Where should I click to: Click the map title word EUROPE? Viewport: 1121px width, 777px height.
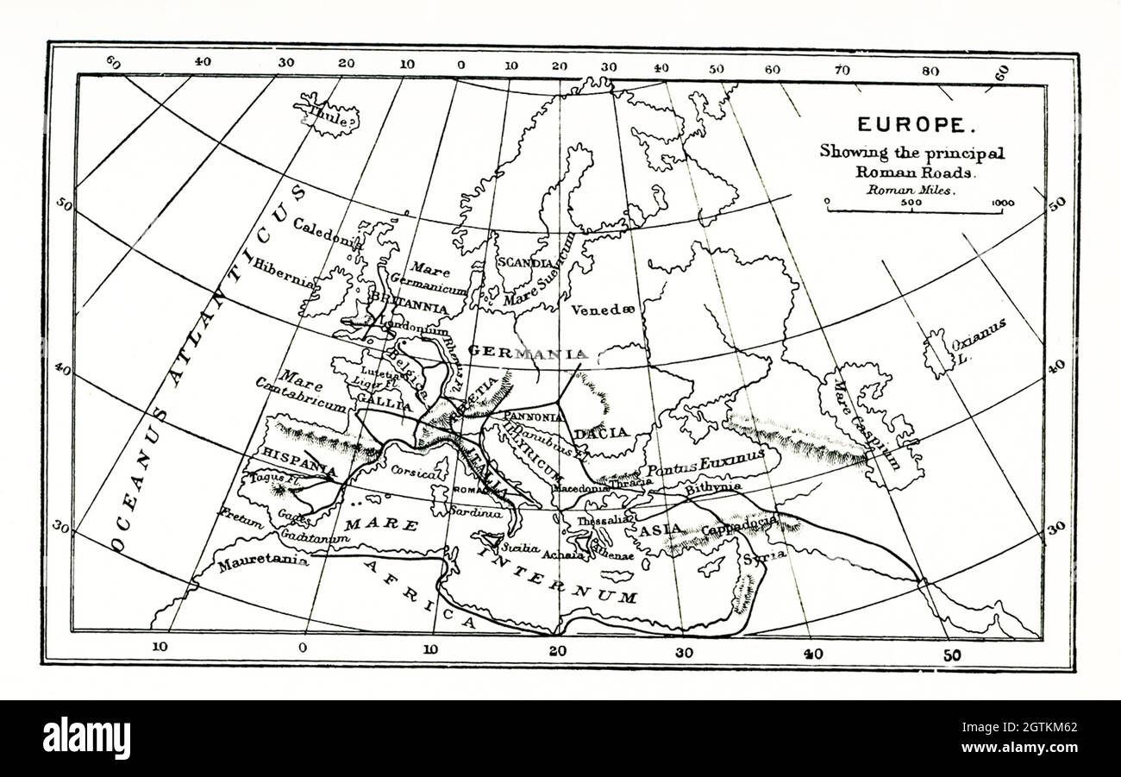[911, 124]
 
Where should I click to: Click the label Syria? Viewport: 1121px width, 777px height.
[764, 555]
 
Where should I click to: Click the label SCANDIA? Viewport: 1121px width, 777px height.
[524, 262]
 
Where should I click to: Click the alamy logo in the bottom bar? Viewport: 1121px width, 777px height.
[86, 738]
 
